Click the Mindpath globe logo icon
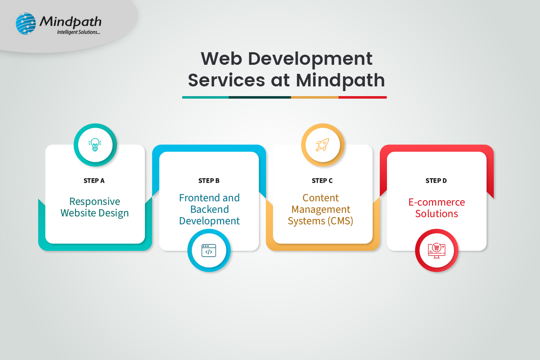[x=26, y=24]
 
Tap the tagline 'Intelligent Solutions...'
[x=78, y=32]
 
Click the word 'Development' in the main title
[x=310, y=59]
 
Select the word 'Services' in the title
[x=226, y=80]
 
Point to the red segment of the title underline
[x=363, y=98]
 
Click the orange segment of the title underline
[x=315, y=98]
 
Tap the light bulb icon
[x=95, y=145]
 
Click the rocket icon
[x=323, y=145]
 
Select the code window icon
[x=209, y=251]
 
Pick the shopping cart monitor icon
[x=437, y=251]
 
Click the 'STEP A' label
[x=94, y=181]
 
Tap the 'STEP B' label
[x=209, y=181]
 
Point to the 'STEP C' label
[x=322, y=181]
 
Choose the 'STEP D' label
[x=436, y=181]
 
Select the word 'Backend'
[x=210, y=209]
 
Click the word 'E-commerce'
[x=437, y=202]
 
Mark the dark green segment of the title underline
[x=260, y=98]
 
